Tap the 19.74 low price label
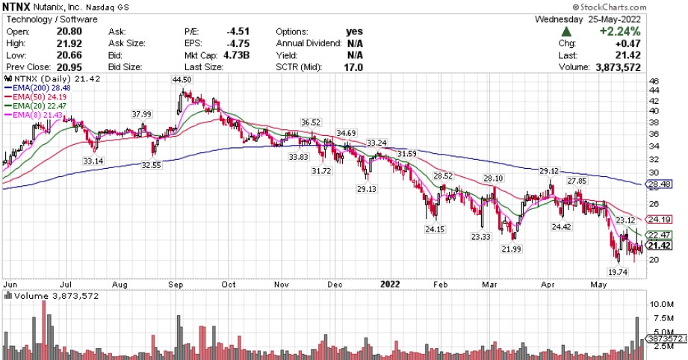click(616, 273)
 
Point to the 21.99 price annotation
click(511, 249)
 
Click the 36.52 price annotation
click(311, 122)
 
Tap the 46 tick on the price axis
click(654, 81)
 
